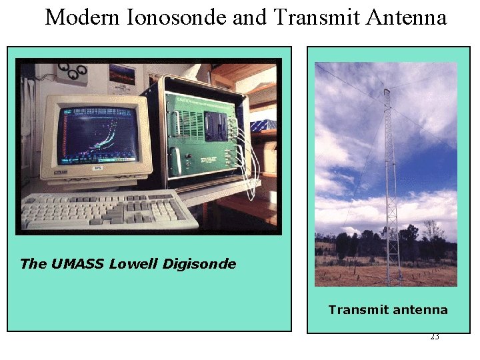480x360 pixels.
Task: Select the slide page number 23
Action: (x=434, y=337)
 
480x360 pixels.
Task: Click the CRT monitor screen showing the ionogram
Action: (x=98, y=134)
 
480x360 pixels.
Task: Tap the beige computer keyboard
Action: (x=107, y=210)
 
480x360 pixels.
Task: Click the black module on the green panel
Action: (x=217, y=127)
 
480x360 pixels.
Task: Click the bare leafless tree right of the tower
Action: (x=433, y=233)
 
